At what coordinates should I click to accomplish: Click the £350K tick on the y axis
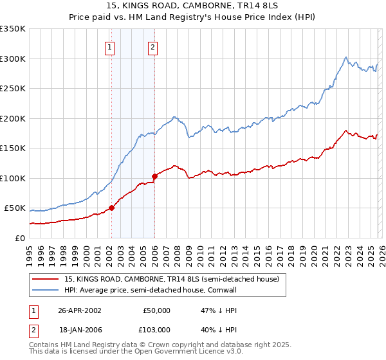13,29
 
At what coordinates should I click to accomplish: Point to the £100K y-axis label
13,178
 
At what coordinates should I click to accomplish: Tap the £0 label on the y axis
20,238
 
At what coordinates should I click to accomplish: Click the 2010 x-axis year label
200,251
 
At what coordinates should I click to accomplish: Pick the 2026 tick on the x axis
381,251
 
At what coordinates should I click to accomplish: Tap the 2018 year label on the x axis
291,251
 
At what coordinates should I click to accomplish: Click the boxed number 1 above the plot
110,46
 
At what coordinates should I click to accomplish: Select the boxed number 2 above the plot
153,46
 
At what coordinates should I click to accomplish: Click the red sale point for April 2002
111,208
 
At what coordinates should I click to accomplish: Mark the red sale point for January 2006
154,176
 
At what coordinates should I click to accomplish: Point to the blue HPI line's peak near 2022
346,57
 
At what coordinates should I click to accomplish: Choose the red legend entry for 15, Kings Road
171,279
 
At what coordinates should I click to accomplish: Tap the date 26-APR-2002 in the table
79,310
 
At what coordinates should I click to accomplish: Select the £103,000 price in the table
155,329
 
